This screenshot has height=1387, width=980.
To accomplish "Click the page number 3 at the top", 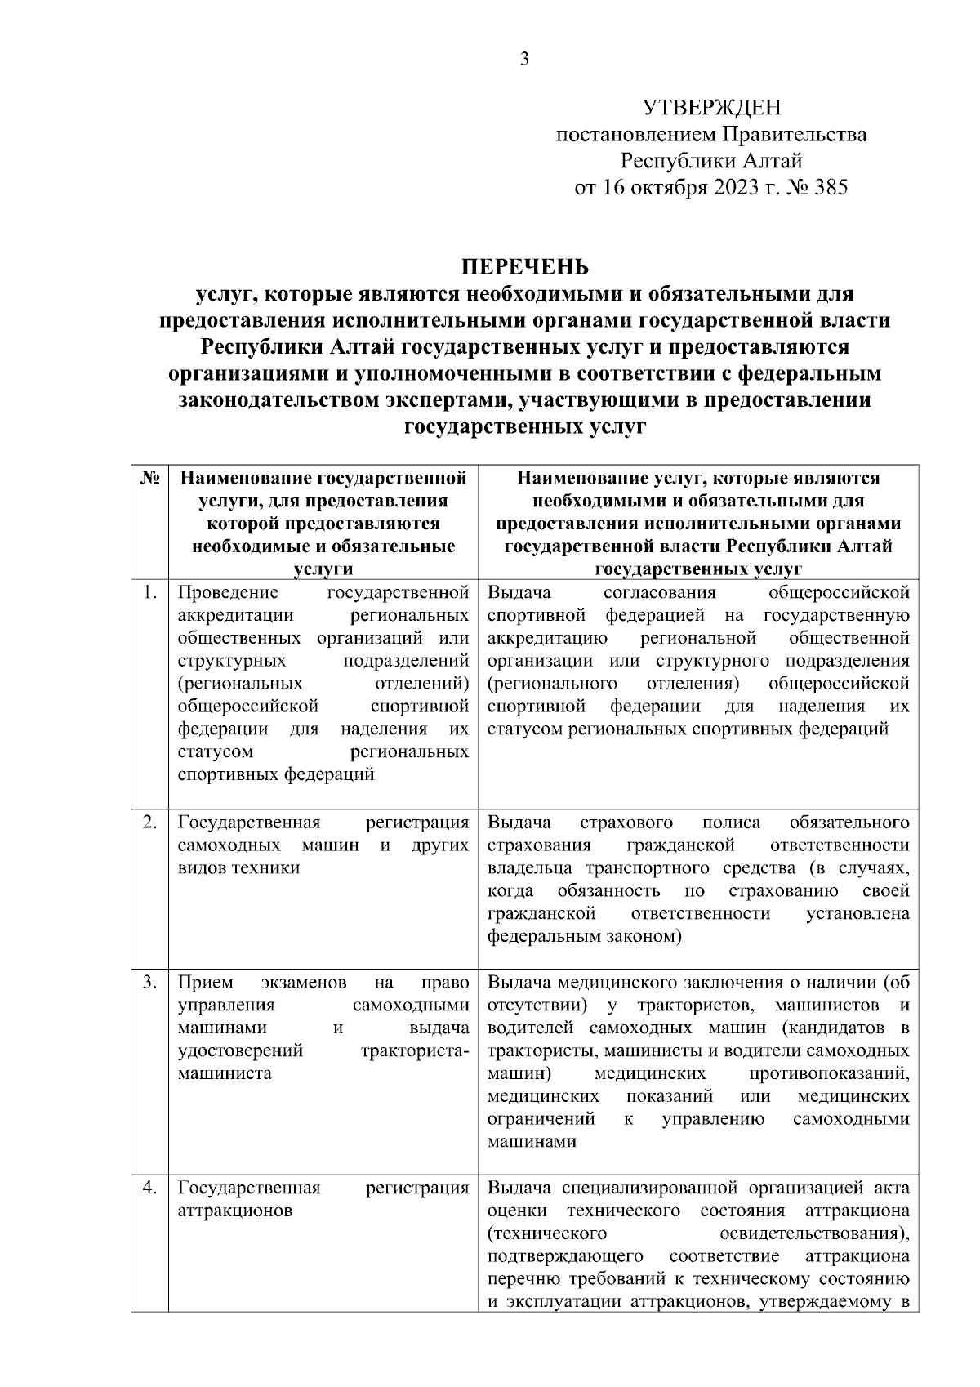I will (524, 59).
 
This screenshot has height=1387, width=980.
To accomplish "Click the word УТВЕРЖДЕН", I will (711, 107).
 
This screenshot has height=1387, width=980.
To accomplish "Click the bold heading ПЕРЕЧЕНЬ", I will (524, 267).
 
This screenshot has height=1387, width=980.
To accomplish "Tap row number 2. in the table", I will (149, 822).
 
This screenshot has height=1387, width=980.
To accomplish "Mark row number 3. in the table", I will (149, 982).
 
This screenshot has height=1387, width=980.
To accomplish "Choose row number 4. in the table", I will (149, 1188).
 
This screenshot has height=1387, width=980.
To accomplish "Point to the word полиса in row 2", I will (730, 822).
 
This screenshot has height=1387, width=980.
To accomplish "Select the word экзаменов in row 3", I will (305, 982).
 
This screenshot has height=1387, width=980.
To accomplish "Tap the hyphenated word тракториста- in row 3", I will (415, 1050).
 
